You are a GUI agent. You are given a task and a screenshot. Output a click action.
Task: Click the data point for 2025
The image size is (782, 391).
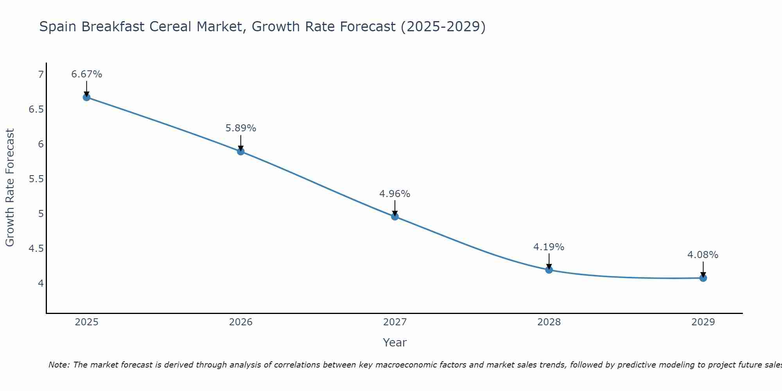[x=87, y=97]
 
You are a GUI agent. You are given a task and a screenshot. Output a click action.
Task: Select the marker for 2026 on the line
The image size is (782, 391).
[x=241, y=151]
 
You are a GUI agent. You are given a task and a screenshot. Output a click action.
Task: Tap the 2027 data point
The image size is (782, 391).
[x=395, y=217]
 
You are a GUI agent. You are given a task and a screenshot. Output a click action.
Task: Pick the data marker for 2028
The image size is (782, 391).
[x=549, y=270]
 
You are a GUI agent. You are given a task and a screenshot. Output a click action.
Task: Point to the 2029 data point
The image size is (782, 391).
[x=703, y=278]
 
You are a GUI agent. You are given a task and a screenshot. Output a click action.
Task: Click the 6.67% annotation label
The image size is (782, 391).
[x=87, y=74]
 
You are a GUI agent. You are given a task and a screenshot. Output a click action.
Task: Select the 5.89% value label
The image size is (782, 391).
[x=241, y=128]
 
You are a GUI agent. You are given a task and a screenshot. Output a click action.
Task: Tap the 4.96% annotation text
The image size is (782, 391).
[x=395, y=194]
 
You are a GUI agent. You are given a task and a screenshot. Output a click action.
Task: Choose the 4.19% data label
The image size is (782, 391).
[x=549, y=247]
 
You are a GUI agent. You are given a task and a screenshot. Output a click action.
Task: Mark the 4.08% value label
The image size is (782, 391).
[x=703, y=255]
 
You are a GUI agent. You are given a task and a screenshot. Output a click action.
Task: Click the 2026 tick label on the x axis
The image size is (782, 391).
[x=241, y=322]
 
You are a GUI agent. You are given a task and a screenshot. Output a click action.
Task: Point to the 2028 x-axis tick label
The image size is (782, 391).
[x=549, y=322]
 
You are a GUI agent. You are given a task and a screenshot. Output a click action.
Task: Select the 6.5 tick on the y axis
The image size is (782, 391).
[x=36, y=109]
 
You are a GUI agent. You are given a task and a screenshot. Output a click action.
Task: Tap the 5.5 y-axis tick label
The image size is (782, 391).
[x=36, y=179]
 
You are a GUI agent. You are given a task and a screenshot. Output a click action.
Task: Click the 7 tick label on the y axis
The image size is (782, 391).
[x=41, y=75]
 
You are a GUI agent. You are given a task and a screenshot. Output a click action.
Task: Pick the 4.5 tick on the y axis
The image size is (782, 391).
[x=36, y=249]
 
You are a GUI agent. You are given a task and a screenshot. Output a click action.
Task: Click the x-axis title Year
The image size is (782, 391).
[x=395, y=343]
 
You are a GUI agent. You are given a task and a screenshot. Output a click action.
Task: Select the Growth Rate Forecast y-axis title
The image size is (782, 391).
[x=10, y=188]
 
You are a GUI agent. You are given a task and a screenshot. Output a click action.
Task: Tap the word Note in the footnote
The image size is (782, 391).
[x=59, y=365]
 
